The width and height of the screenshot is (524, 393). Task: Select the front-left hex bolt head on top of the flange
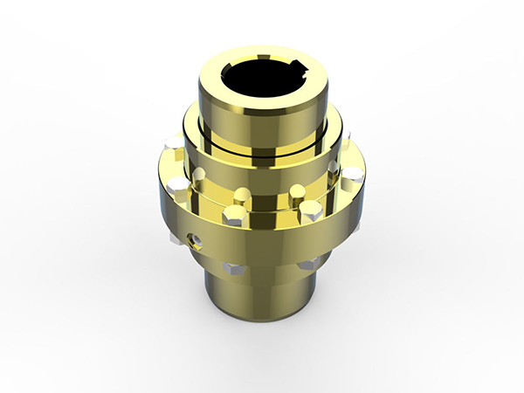(x=234, y=215)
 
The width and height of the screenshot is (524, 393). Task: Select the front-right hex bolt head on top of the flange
(x=310, y=210)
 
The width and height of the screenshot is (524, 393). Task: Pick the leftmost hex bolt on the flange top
(x=178, y=186)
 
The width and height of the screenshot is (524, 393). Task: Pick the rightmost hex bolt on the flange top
(x=351, y=176)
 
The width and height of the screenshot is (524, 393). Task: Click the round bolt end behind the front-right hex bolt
(x=297, y=190)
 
